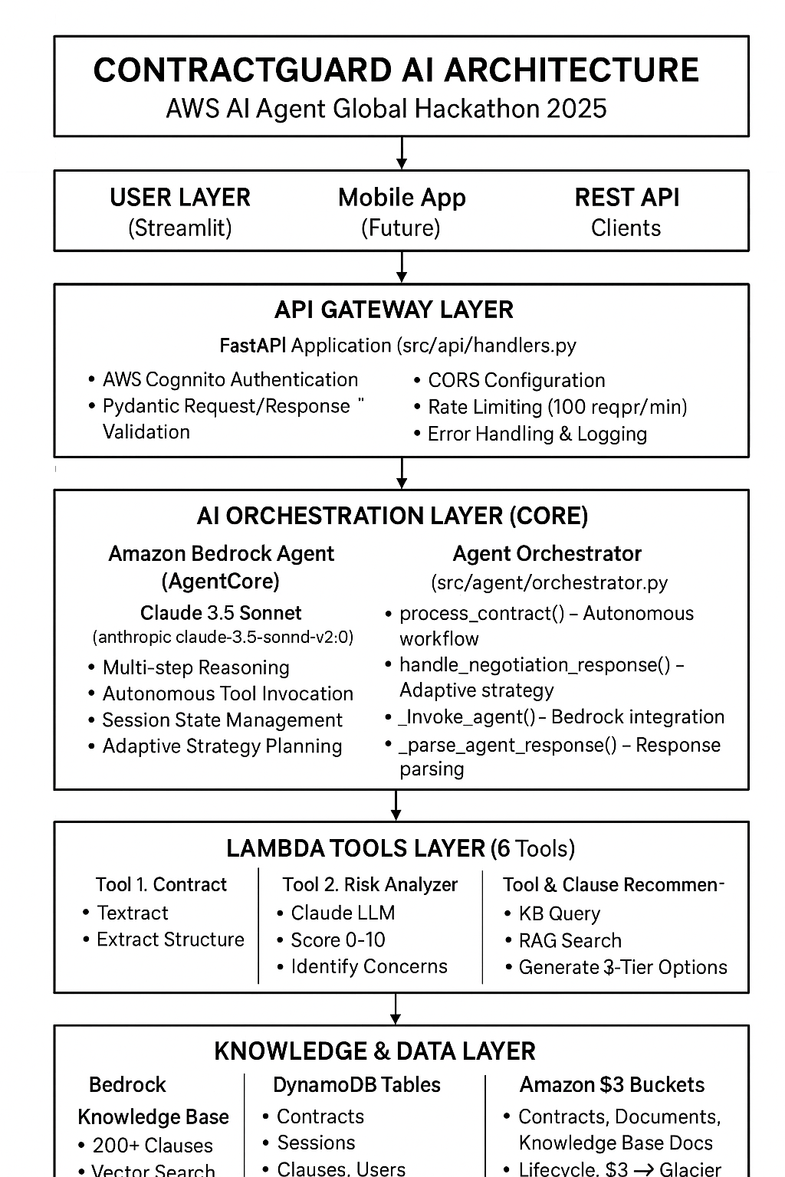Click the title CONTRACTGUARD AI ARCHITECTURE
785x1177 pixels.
tap(396, 70)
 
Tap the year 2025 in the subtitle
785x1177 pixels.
tap(576, 108)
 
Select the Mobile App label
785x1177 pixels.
tap(402, 198)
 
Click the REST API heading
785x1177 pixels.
tap(626, 198)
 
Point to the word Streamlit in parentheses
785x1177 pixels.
tap(179, 228)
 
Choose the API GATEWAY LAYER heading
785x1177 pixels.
tap(393, 310)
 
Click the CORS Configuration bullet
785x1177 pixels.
tap(516, 380)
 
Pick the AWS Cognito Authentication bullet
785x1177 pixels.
tap(230, 379)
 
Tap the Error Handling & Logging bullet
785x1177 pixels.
tap(537, 434)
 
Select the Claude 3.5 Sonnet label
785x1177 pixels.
tap(221, 613)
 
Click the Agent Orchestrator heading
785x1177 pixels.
tap(547, 553)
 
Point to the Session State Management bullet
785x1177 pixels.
tap(222, 720)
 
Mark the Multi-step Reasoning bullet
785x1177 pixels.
tap(195, 667)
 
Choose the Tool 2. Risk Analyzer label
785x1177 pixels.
tap(370, 884)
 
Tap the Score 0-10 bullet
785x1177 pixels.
tap(337, 939)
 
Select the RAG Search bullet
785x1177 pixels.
tap(570, 940)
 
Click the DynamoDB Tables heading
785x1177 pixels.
tap(356, 1085)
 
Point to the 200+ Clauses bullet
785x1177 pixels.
tap(153, 1146)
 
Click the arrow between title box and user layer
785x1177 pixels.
tap(401, 153)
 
